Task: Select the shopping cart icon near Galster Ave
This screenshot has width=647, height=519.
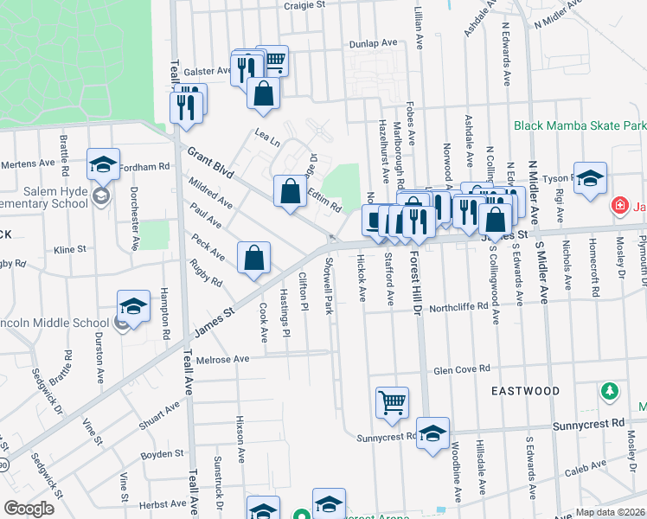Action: tap(272, 60)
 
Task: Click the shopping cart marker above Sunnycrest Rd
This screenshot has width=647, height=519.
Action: tap(392, 402)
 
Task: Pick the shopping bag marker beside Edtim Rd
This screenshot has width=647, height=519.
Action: tap(291, 190)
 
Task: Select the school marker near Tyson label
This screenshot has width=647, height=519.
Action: tap(590, 179)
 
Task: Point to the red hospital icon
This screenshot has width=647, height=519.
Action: tap(619, 206)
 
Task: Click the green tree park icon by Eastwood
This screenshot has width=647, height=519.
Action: tap(610, 392)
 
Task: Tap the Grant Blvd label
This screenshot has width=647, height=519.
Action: tap(210, 163)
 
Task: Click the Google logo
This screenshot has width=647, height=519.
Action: tap(29, 509)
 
